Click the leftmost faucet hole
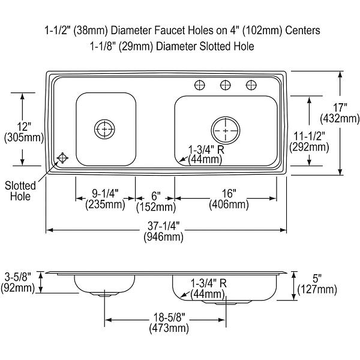point(200,85)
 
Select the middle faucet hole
point(225,85)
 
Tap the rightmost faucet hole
point(251,85)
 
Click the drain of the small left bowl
point(104,129)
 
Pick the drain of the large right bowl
point(226,130)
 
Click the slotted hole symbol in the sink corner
point(62,158)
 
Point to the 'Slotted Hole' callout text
point(20,191)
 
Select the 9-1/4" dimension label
point(105,194)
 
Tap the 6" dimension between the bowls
point(156,196)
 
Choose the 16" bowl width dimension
point(229,194)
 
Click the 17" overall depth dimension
point(340,107)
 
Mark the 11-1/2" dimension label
point(309,136)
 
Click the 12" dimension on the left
point(24,127)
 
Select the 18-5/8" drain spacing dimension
point(169,317)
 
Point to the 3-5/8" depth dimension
point(17,277)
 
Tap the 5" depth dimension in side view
point(317,279)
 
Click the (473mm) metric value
point(169,328)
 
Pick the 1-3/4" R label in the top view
point(206,149)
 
